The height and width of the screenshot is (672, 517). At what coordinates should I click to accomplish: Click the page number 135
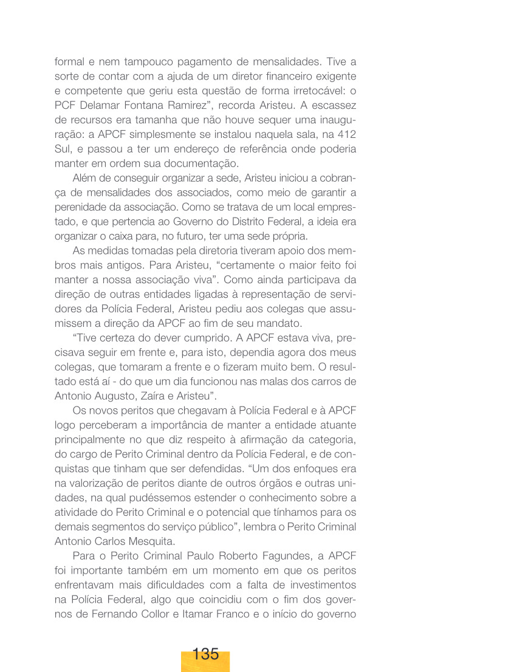(x=205, y=654)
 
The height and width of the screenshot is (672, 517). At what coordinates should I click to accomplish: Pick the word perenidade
(x=79, y=207)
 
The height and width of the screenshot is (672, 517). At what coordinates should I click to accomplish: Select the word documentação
(x=203, y=163)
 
